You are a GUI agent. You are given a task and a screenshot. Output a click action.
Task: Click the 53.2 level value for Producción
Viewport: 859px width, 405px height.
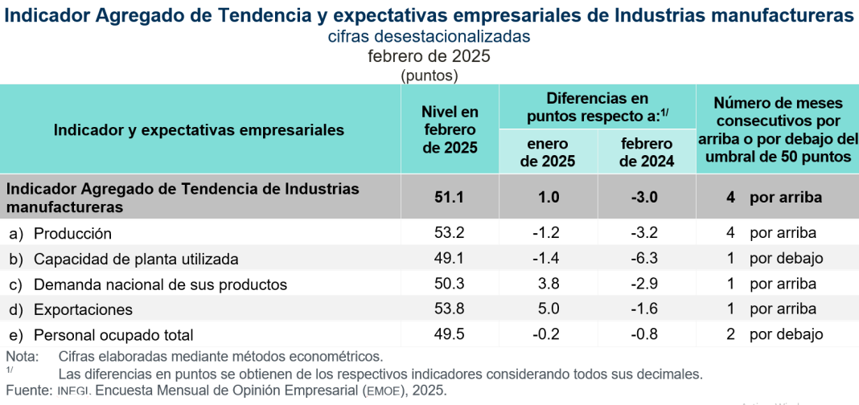[x=449, y=233]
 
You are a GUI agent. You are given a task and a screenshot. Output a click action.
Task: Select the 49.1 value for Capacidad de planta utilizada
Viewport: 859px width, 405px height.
[x=449, y=259]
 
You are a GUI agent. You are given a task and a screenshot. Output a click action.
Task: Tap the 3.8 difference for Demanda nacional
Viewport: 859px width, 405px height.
[x=548, y=284]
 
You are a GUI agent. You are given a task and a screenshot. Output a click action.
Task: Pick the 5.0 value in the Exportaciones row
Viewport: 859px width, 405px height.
[x=548, y=309]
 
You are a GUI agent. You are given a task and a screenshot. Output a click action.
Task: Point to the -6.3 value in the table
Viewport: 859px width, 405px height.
[x=647, y=259]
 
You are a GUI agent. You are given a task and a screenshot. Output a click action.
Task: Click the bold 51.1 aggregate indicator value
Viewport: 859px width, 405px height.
[x=449, y=197]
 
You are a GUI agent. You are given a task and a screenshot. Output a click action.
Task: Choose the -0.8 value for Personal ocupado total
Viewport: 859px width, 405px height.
[x=647, y=334]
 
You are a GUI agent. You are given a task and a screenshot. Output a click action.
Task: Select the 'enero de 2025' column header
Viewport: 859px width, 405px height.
[x=548, y=152]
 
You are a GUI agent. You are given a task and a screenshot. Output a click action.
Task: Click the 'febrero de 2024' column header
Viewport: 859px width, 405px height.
[x=647, y=152]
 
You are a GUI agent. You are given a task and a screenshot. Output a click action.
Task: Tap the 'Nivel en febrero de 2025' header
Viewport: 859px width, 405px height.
[x=450, y=129]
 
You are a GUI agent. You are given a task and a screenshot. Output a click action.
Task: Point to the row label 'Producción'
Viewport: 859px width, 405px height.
[x=72, y=233]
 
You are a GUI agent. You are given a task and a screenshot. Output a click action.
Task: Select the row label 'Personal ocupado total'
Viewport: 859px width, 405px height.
[x=113, y=334]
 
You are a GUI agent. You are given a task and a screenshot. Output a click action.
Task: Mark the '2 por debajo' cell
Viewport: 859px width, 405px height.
[x=775, y=334]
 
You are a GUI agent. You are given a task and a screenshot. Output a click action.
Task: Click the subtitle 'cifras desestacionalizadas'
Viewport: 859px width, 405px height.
[x=429, y=37]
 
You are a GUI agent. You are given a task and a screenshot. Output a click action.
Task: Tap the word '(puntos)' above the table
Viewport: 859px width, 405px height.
[x=429, y=76]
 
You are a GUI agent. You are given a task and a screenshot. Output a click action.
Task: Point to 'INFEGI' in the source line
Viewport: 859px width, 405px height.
[x=76, y=391]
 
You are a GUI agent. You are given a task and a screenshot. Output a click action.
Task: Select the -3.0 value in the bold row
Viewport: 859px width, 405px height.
[x=647, y=197]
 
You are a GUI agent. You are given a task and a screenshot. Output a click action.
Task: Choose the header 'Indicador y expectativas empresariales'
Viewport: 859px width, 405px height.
[x=199, y=129]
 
